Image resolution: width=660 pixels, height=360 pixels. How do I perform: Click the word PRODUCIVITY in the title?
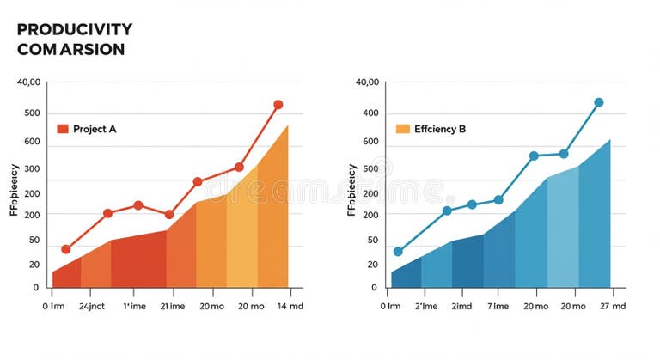click(x=74, y=30)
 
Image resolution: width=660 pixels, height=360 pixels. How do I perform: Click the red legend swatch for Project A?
click(x=62, y=129)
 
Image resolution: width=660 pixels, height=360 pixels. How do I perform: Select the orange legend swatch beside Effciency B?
click(x=402, y=129)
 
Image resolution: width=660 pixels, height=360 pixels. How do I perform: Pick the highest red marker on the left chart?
click(x=278, y=105)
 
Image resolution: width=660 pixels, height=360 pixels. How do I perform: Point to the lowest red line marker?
click(x=66, y=249)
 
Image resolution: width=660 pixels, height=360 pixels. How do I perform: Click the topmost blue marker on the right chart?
click(x=598, y=102)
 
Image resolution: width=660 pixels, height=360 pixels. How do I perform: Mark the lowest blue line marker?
click(x=397, y=252)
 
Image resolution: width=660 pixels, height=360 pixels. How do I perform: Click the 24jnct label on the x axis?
click(x=92, y=305)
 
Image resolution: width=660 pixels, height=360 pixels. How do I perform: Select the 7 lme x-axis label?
click(x=498, y=305)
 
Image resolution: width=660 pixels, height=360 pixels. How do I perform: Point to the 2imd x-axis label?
click(x=461, y=305)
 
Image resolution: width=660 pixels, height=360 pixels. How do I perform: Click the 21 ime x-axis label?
click(x=174, y=305)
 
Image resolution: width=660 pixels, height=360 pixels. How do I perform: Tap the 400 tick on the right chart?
click(x=370, y=113)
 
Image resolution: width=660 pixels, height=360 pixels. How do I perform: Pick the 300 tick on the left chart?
click(x=32, y=168)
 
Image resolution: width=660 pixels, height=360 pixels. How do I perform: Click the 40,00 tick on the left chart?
click(x=28, y=82)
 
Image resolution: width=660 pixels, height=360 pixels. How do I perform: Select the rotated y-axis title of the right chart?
click(x=352, y=190)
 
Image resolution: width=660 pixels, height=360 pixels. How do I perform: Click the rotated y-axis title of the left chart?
click(x=15, y=190)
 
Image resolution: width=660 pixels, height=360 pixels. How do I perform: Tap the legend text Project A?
click(x=95, y=129)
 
